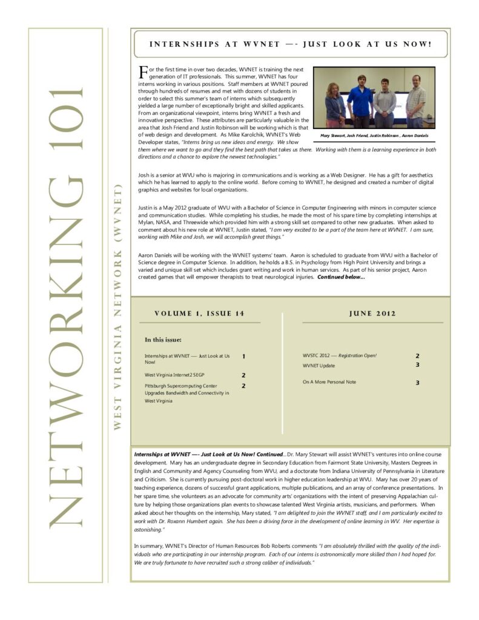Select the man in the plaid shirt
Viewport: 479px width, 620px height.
pyautogui.click(x=415, y=100)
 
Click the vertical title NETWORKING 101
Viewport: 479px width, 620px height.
pyautogui.click(x=65, y=306)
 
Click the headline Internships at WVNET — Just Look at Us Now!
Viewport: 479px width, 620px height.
pyautogui.click(x=291, y=44)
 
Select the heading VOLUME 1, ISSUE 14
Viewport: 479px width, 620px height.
pyautogui.click(x=199, y=314)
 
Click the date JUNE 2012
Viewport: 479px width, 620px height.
pyautogui.click(x=372, y=314)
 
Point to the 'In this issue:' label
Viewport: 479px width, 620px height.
pyautogui.click(x=163, y=340)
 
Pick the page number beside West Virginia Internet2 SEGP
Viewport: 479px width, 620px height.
pyautogui.click(x=243, y=375)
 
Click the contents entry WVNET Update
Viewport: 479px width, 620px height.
pyautogui.click(x=319, y=366)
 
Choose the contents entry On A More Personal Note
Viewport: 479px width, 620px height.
pyautogui.click(x=329, y=382)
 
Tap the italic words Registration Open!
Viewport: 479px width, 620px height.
pyautogui.click(x=357, y=355)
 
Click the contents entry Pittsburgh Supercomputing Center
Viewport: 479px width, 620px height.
pyautogui.click(x=180, y=386)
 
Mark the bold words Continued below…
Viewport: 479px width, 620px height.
pyautogui.click(x=341, y=277)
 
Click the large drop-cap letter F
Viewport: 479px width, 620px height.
pyautogui.click(x=143, y=72)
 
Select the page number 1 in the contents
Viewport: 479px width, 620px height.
pyautogui.click(x=243, y=357)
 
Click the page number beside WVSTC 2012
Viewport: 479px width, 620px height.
pyautogui.click(x=417, y=356)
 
